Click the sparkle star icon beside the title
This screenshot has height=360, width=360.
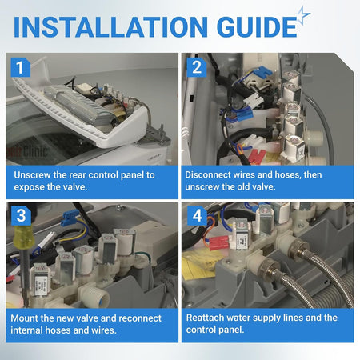(303, 15)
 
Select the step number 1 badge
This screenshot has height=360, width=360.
(21, 67)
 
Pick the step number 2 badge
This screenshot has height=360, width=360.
(197, 67)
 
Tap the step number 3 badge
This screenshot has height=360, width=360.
(21, 215)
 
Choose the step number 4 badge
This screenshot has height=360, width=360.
(197, 215)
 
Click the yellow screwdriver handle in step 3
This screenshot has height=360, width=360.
(23, 236)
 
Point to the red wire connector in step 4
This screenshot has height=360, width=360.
(218, 243)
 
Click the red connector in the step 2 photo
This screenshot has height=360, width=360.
(257, 157)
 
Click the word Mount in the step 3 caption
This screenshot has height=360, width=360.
(24, 318)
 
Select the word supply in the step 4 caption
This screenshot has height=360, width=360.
(267, 318)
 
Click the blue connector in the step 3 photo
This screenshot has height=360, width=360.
(70, 218)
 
